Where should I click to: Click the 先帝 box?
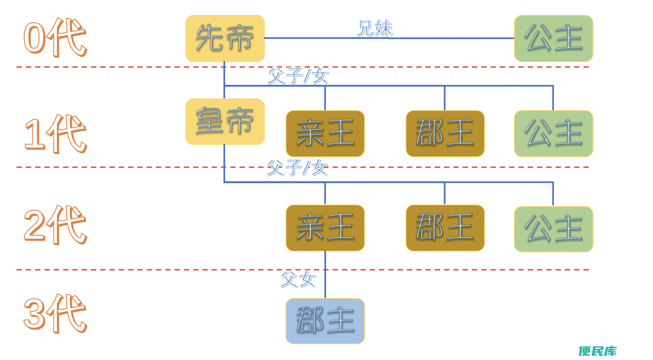(225, 38)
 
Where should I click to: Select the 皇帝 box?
(225, 122)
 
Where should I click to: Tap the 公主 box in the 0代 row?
(554, 38)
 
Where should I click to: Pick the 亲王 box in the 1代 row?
(325, 134)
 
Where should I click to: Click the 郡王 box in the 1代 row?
(445, 134)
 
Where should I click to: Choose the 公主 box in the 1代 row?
(554, 134)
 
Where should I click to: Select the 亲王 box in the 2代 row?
(325, 228)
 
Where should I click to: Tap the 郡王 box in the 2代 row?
(445, 228)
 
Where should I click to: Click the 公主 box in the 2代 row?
(554, 229)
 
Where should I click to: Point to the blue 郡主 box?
(325, 321)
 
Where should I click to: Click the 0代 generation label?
(55, 37)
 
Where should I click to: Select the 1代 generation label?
(55, 134)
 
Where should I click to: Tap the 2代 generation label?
(55, 224)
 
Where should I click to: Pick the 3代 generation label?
(55, 313)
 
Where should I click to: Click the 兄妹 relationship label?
(375, 28)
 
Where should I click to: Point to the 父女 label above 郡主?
(298, 279)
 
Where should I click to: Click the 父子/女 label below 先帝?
(298, 76)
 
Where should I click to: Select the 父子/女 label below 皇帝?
(298, 168)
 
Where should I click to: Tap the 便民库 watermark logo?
(598, 351)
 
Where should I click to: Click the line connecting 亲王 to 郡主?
(325, 275)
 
